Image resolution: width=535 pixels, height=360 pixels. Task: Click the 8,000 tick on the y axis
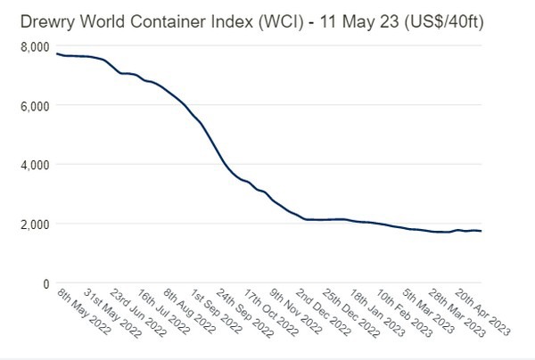tap(37, 45)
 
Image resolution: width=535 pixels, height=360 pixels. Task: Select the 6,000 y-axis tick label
tap(37, 105)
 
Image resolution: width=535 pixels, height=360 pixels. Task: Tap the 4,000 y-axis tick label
tap(37, 165)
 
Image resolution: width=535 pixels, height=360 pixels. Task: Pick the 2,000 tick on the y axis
tap(37, 224)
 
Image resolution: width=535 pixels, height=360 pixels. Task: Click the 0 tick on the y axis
tap(45, 283)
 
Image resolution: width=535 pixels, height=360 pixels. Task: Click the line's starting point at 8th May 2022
tap(56, 53)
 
